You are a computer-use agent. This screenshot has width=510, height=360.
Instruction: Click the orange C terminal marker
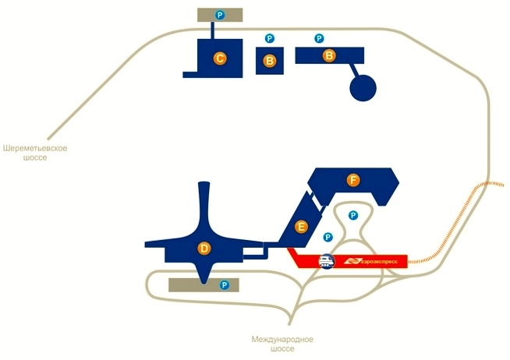click(220, 58)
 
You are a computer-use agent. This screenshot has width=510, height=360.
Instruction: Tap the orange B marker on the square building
click(269, 61)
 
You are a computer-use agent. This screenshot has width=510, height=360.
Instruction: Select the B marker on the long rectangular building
click(329, 55)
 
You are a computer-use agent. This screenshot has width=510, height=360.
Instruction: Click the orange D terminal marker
click(204, 249)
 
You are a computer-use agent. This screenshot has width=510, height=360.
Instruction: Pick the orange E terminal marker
click(301, 227)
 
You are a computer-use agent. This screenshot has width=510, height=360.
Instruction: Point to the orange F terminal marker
click(353, 180)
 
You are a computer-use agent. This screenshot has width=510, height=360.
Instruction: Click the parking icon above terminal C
click(220, 15)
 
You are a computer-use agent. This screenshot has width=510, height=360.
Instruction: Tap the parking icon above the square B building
click(269, 39)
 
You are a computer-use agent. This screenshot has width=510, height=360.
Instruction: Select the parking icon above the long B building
click(319, 39)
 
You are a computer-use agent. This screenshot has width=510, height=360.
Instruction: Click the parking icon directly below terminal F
click(353, 215)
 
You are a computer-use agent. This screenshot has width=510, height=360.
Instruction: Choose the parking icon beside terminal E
click(328, 237)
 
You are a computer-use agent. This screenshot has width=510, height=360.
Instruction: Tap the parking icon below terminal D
click(225, 285)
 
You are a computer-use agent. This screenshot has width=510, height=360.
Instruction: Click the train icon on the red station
click(327, 261)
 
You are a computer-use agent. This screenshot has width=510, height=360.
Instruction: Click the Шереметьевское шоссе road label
click(35, 153)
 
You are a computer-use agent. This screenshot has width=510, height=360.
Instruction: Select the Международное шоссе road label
click(282, 344)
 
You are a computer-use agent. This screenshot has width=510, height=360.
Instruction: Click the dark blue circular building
click(363, 88)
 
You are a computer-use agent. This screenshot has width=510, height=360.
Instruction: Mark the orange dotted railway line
click(455, 224)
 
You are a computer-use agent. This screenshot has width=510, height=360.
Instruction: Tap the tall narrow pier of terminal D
click(204, 205)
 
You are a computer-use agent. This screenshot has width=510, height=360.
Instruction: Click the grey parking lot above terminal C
click(220, 15)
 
